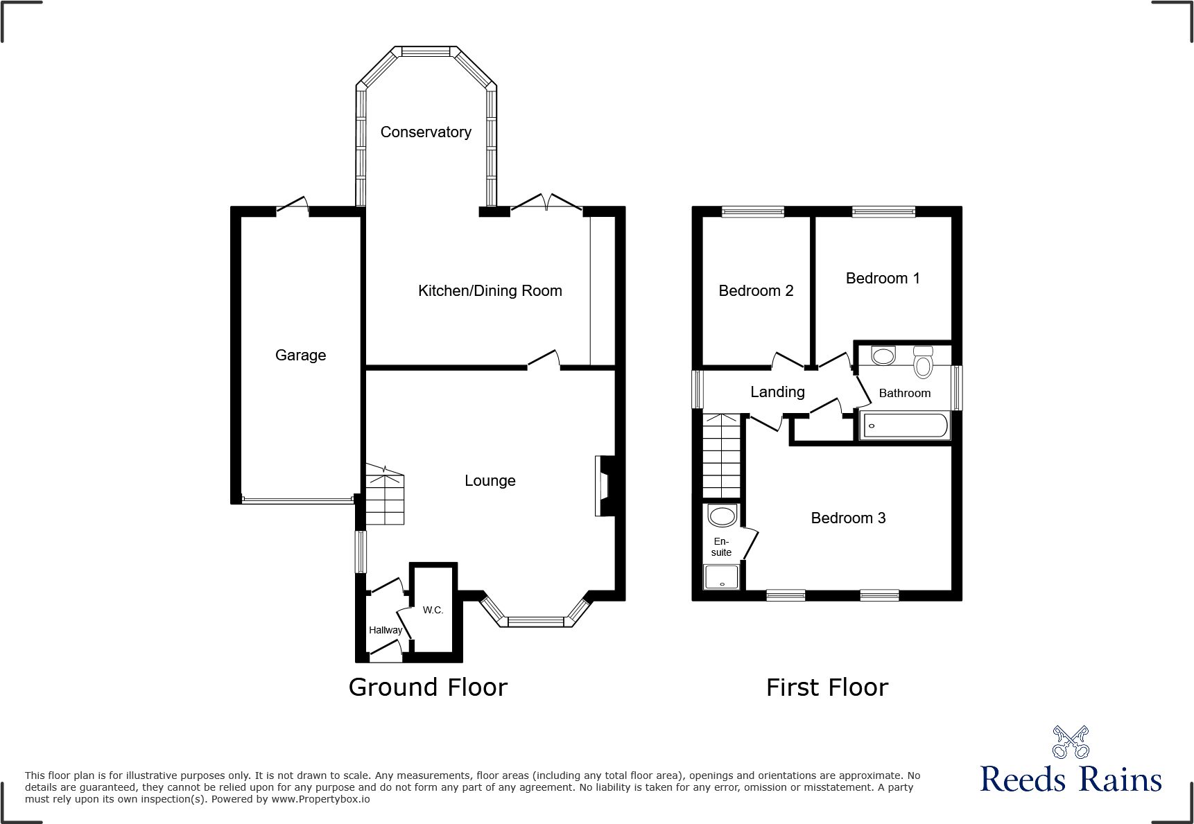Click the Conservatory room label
pyautogui.click(x=426, y=132)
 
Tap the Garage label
pyautogui.click(x=300, y=355)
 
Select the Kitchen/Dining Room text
pyautogui.click(x=490, y=291)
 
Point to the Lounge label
pyautogui.click(x=490, y=480)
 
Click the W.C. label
pyautogui.click(x=433, y=610)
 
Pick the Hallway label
pyautogui.click(x=385, y=630)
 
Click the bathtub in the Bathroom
pyautogui.click(x=904, y=426)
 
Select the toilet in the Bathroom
pyautogui.click(x=923, y=362)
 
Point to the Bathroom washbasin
pyautogui.click(x=883, y=356)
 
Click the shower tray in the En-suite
pyautogui.click(x=722, y=577)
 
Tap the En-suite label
pyautogui.click(x=721, y=547)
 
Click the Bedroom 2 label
pyautogui.click(x=756, y=291)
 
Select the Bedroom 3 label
pyautogui.click(x=848, y=518)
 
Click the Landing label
pyautogui.click(x=777, y=392)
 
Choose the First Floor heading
pyautogui.click(x=827, y=687)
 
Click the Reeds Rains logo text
pyautogui.click(x=1071, y=780)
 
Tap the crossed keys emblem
pyautogui.click(x=1071, y=742)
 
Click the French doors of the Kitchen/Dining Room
pyautogui.click(x=546, y=202)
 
